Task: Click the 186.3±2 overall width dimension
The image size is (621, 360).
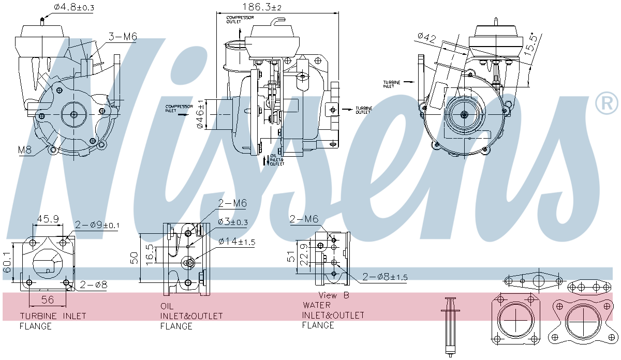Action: point(262,7)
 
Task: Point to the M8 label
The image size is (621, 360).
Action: point(25,150)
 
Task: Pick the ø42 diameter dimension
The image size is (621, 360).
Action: point(427,38)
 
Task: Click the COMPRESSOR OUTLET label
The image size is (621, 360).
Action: point(240,20)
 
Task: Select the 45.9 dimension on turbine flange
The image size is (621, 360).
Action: point(47,220)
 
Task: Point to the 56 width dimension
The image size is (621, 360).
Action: point(48,299)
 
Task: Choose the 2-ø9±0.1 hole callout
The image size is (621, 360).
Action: point(97,225)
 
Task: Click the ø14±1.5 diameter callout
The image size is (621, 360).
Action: point(236,242)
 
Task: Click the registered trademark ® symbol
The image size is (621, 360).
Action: point(606,103)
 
